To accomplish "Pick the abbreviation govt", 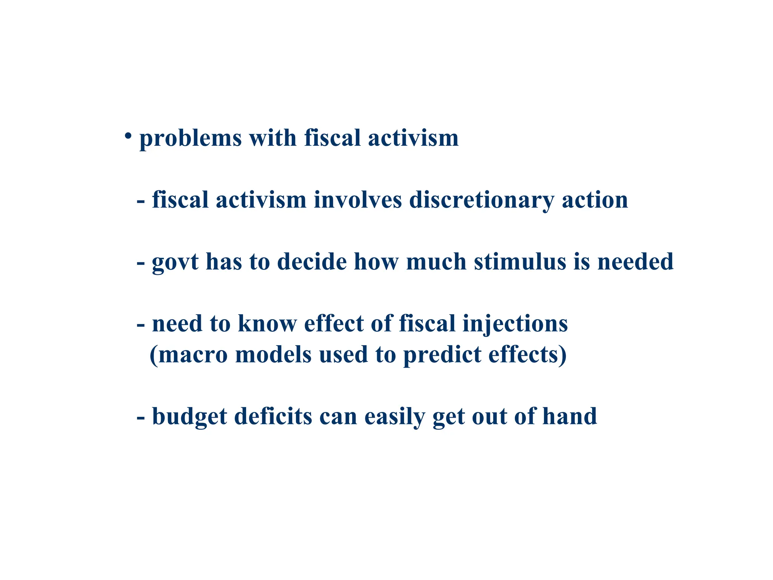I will coord(175,262).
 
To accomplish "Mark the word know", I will coord(267,324).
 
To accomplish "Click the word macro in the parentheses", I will coord(193,355).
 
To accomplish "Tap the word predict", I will coord(442,355).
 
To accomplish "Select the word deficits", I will coord(273,416).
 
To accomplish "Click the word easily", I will coord(394,417).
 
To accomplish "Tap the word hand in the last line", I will coord(570,416).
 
